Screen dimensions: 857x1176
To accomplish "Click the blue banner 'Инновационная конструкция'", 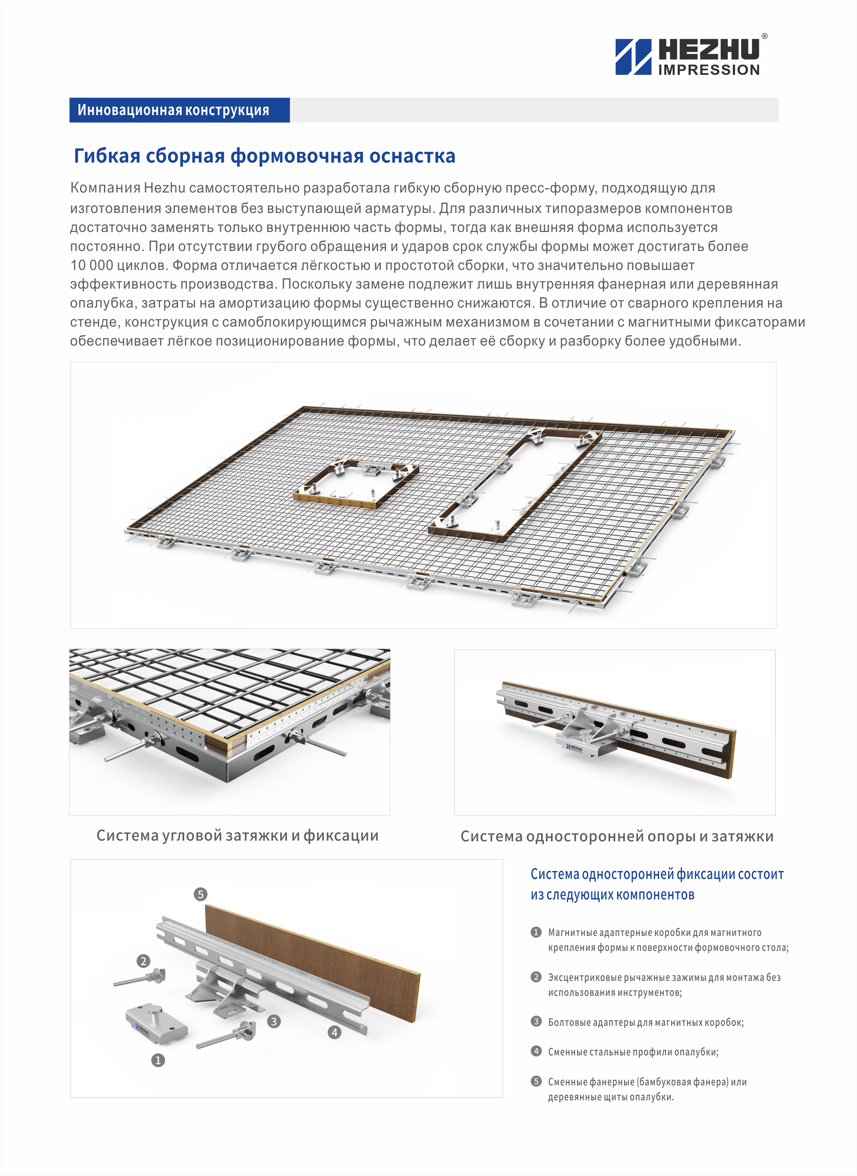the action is point(180,110).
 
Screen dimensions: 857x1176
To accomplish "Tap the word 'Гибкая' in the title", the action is point(107,156).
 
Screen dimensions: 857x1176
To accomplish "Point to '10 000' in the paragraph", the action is point(91,265).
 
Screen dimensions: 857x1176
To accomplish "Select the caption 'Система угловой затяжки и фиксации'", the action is point(238,836).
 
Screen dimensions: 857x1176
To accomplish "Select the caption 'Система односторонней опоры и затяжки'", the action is point(617,836).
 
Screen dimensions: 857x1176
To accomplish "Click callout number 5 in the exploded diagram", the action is point(200,894).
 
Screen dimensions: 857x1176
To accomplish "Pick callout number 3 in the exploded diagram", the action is point(274,1021).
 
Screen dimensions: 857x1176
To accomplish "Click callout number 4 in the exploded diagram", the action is point(334,1032).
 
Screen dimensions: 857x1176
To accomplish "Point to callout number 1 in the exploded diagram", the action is point(158,1060).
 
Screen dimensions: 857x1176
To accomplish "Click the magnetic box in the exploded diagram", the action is point(156,1023).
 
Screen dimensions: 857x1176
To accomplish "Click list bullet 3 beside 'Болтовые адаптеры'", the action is point(536,1021).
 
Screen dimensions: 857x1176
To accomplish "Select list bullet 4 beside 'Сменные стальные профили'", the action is point(536,1051).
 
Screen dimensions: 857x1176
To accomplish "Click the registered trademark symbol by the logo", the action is point(765,36).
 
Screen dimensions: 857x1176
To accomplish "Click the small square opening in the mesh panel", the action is point(356,483).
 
